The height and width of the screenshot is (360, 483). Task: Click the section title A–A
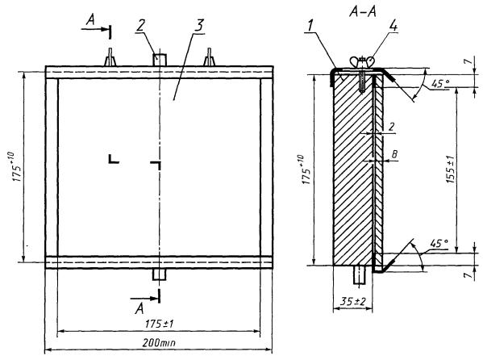[x=363, y=12]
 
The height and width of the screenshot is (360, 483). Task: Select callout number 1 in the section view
[x=311, y=27]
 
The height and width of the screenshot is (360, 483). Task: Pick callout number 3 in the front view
[x=200, y=26]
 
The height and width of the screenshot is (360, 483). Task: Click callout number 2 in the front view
[x=140, y=26]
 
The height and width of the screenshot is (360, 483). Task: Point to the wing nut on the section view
[x=362, y=61]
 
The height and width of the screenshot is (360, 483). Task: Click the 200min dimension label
[x=159, y=342]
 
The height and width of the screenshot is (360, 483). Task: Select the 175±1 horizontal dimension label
[x=160, y=324]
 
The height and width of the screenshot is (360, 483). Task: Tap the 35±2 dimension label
[x=353, y=301]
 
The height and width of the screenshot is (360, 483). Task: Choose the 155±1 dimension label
[x=450, y=169]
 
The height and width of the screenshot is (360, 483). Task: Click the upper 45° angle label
[x=440, y=83]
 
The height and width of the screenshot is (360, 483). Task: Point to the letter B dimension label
[x=394, y=154]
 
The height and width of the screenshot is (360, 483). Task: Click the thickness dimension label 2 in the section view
[x=392, y=127]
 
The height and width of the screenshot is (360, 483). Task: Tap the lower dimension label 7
[x=468, y=274]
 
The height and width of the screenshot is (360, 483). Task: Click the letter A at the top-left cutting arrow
[x=90, y=20]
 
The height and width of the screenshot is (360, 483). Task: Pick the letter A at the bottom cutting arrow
[x=139, y=308]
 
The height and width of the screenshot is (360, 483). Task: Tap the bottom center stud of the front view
[x=160, y=274]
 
